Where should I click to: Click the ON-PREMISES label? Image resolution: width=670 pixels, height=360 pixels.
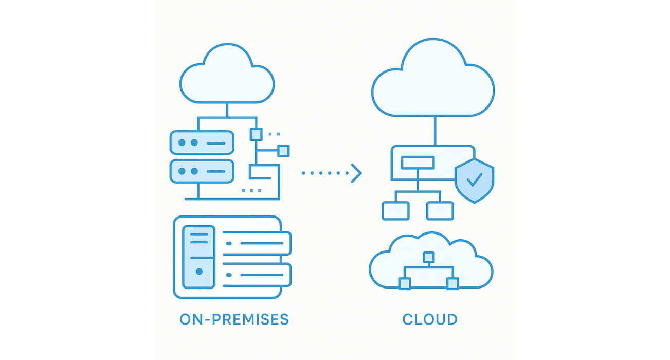coord(234,319)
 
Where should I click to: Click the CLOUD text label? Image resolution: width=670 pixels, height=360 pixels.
coord(430,319)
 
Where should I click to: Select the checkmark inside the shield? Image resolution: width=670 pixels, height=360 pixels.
coord(475,179)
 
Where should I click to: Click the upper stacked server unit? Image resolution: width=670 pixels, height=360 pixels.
coord(202,142)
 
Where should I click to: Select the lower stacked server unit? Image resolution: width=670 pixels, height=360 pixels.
coord(202,171)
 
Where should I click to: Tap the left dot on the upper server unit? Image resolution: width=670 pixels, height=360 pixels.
coord(181,142)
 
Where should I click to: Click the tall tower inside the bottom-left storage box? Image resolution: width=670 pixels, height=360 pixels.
coord(199,257)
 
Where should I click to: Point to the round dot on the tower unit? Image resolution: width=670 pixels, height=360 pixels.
coord(199,271)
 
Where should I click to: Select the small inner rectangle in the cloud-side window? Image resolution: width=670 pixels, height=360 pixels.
coord(418,163)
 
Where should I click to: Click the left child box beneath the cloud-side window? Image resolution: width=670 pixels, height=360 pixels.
coord(395,211)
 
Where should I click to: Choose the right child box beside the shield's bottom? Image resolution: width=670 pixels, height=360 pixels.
coord(440,211)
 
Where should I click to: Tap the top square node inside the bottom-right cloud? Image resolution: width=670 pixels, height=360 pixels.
coord(428,257)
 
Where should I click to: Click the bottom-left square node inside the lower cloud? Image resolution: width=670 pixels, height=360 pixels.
coord(405,283)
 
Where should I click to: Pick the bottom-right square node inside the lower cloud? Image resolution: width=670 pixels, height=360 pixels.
coord(452,283)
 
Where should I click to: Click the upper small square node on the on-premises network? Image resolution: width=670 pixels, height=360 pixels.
coord(256,134)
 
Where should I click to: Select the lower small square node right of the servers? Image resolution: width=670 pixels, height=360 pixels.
coord(283,151)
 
